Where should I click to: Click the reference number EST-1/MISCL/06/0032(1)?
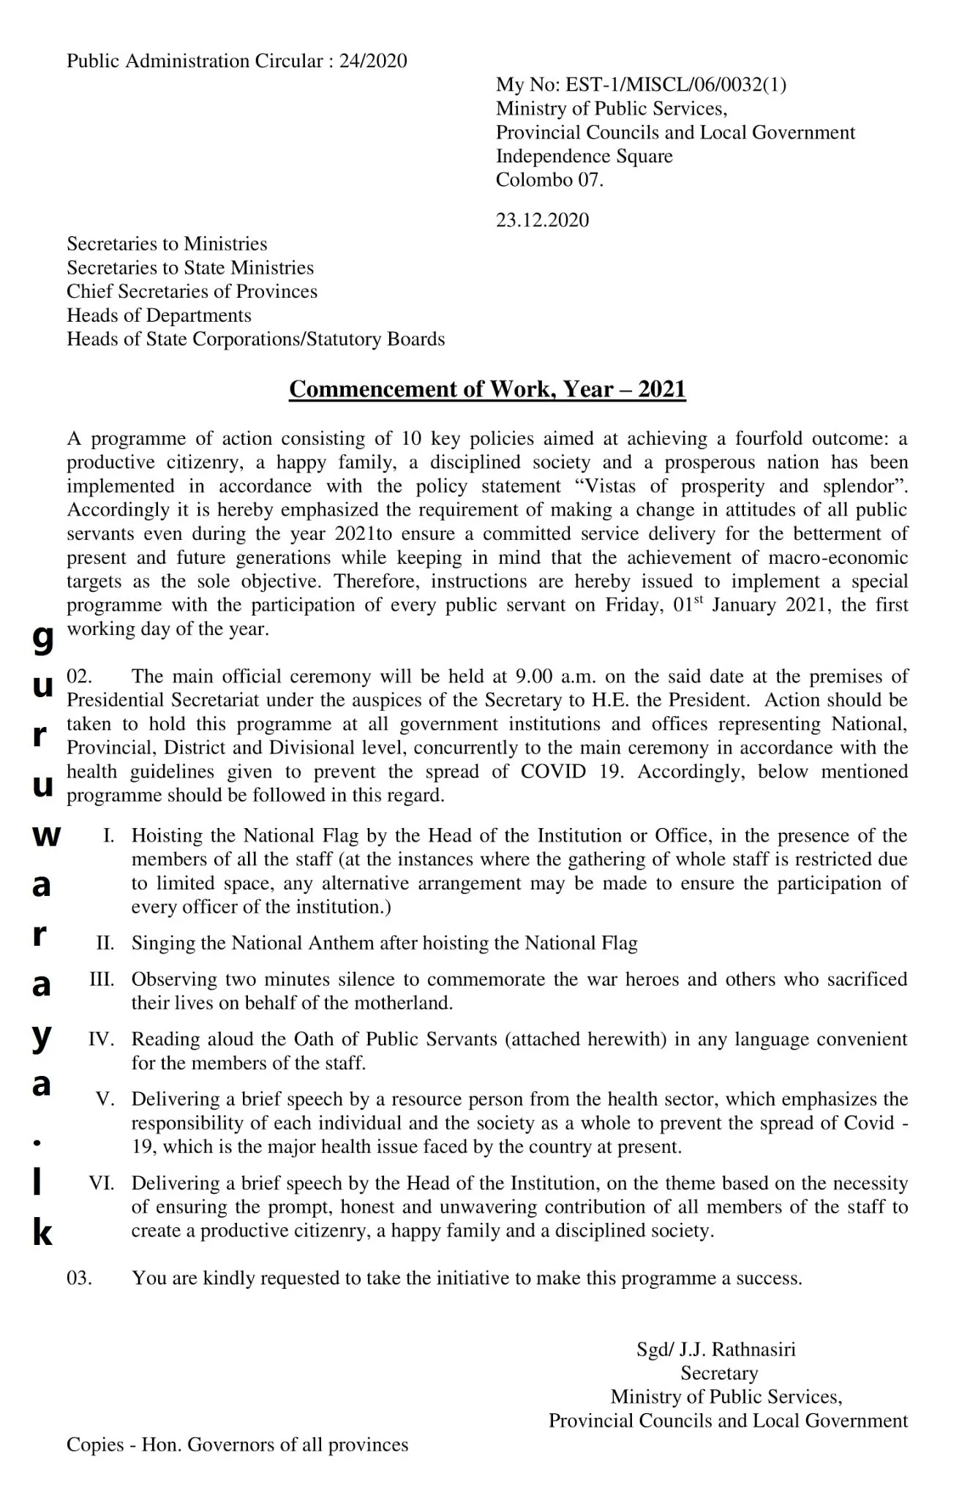tap(675, 85)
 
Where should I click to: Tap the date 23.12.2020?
tap(542, 220)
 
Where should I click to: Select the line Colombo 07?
tap(549, 180)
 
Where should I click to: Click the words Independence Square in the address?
tap(584, 157)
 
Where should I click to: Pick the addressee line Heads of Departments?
tap(159, 316)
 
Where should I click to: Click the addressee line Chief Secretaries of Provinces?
tap(192, 292)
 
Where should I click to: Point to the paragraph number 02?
tap(79, 677)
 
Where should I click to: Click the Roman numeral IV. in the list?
tap(101, 1039)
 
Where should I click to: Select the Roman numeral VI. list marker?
tap(101, 1183)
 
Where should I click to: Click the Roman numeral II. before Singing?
tap(105, 944)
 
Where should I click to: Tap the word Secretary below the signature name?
tap(719, 1374)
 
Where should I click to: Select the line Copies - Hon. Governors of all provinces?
tap(237, 1445)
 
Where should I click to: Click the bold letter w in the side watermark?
tap(45, 837)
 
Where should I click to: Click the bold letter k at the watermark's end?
tap(42, 1234)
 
